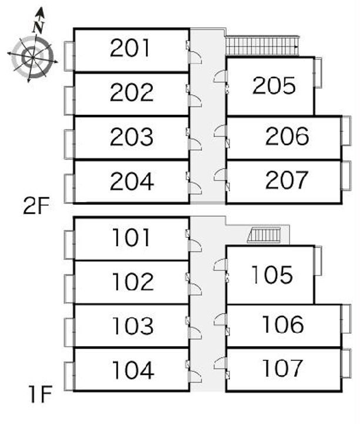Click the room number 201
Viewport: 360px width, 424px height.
131,48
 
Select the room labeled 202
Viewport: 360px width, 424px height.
131,92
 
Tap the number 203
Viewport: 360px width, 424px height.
131,137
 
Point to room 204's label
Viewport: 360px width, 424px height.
132,181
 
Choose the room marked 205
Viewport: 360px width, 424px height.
274,86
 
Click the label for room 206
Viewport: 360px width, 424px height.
287,137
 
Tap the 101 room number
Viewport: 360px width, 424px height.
132,238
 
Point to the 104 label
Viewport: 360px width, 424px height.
132,370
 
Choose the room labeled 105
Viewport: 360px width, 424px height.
272,274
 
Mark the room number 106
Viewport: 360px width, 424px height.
283,324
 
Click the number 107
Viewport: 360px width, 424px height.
283,369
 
